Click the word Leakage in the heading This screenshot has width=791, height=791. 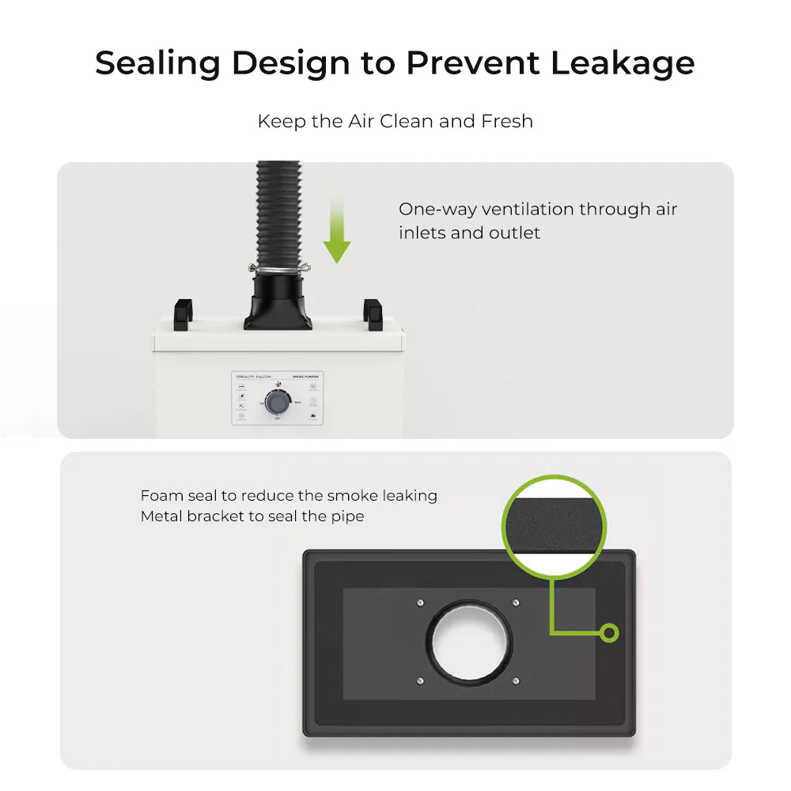tap(623, 63)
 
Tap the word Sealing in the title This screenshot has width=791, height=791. tap(156, 63)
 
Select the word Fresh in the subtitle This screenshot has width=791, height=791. tap(507, 122)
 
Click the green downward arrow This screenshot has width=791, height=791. tap(338, 229)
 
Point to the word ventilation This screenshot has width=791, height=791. tap(527, 210)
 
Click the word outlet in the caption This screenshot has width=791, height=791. tap(513, 233)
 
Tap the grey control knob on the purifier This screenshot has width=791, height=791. tap(277, 403)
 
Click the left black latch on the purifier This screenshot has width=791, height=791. tap(183, 312)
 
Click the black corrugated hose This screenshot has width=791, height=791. tap(278, 214)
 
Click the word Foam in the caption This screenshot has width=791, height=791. tap(162, 496)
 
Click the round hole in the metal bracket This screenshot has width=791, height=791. tap(470, 642)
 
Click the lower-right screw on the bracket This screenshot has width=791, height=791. tap(516, 680)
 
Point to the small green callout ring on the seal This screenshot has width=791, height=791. tap(609, 633)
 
